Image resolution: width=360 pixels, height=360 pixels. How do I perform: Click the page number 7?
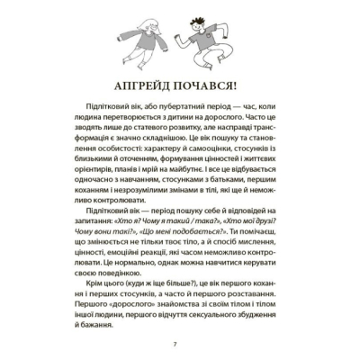click(x=179, y=346)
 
